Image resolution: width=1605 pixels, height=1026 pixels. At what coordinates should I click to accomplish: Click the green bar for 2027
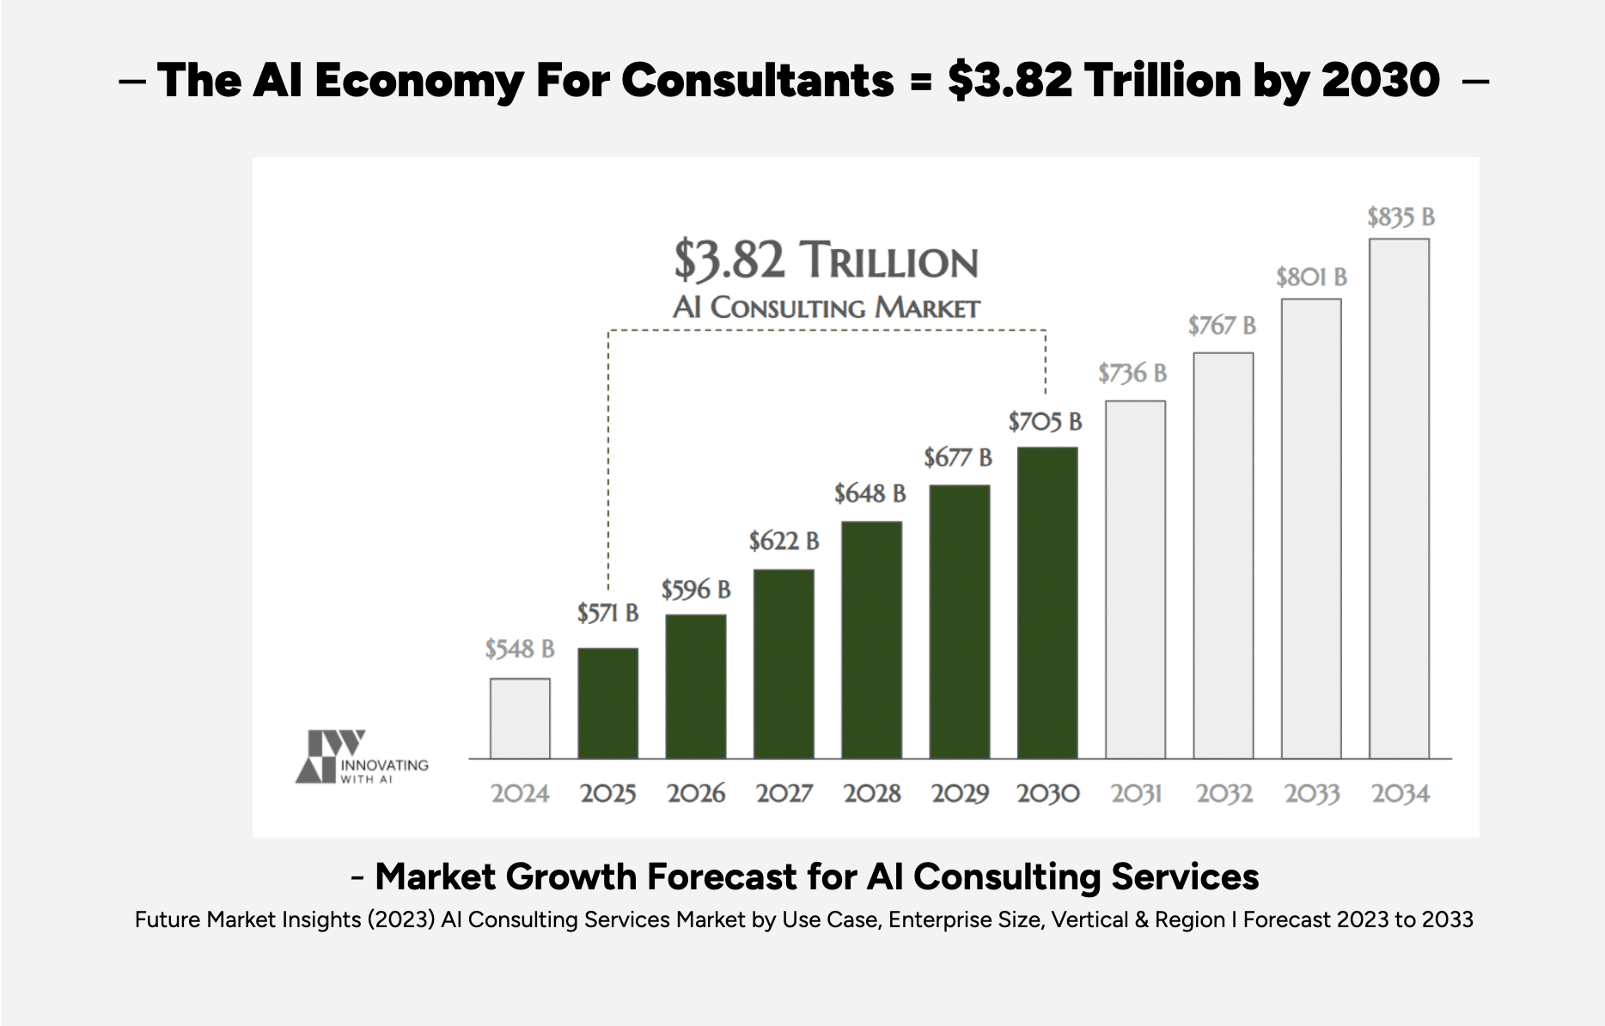(784, 663)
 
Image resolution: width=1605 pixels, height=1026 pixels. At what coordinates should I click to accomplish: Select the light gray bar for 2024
(520, 718)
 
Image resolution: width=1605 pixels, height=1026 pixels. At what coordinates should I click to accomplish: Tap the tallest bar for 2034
(1399, 498)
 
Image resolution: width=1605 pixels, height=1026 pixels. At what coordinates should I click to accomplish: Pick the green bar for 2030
(1047, 602)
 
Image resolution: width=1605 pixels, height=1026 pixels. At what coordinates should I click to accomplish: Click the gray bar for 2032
(1223, 555)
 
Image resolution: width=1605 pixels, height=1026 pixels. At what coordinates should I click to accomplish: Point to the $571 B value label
(607, 613)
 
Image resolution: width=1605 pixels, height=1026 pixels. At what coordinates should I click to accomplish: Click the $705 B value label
(1045, 422)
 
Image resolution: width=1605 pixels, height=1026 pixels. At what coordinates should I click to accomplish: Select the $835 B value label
(1401, 217)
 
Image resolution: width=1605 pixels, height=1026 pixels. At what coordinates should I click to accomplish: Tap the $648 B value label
(870, 494)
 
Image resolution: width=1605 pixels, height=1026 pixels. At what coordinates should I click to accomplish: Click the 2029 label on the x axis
(960, 793)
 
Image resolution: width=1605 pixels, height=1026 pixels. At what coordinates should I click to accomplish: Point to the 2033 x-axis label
(1311, 793)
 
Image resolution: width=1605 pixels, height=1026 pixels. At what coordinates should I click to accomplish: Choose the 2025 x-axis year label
(607, 793)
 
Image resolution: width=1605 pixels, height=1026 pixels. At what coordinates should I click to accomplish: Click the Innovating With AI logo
(361, 757)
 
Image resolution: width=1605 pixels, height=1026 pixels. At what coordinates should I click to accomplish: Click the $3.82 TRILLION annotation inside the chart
(826, 260)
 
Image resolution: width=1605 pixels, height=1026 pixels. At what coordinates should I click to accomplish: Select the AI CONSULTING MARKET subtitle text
(826, 308)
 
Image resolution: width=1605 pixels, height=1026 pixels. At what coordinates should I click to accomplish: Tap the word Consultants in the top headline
(757, 81)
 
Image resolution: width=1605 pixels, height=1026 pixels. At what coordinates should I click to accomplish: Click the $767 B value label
(1222, 326)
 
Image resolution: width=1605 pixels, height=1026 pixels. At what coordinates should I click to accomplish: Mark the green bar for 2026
(696, 686)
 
